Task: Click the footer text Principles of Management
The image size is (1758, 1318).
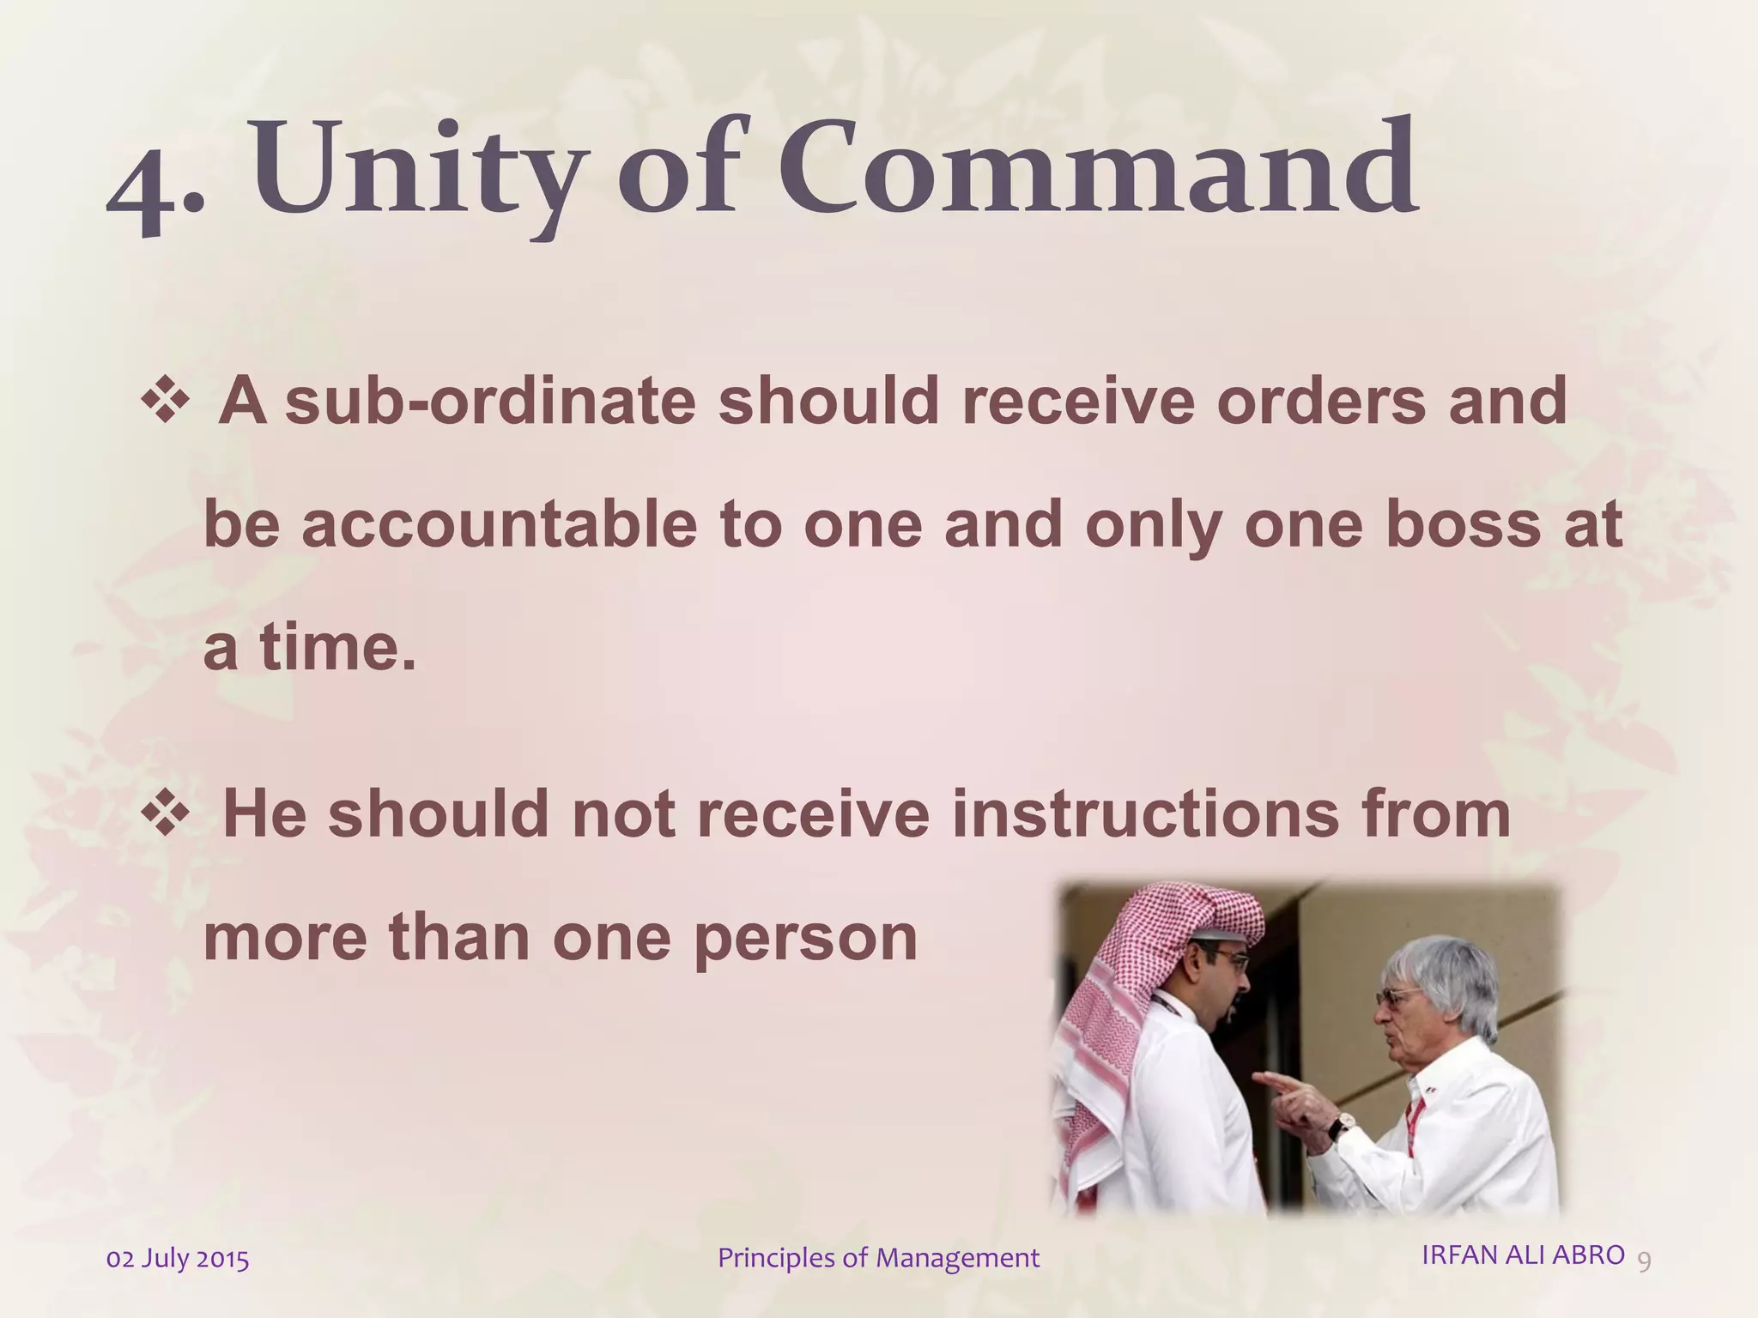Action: point(878,1258)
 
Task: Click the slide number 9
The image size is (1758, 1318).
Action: point(1645,1261)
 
